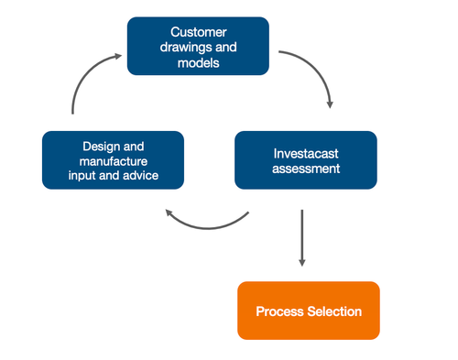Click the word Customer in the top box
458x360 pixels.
tap(198, 32)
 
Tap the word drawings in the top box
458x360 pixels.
tap(183, 49)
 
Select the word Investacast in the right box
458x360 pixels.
tap(305, 153)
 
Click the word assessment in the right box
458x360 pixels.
tap(306, 169)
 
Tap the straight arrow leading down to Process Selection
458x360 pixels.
tap(301, 234)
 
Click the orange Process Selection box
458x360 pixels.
tap(308, 311)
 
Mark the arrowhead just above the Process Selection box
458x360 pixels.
tap(301, 263)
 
